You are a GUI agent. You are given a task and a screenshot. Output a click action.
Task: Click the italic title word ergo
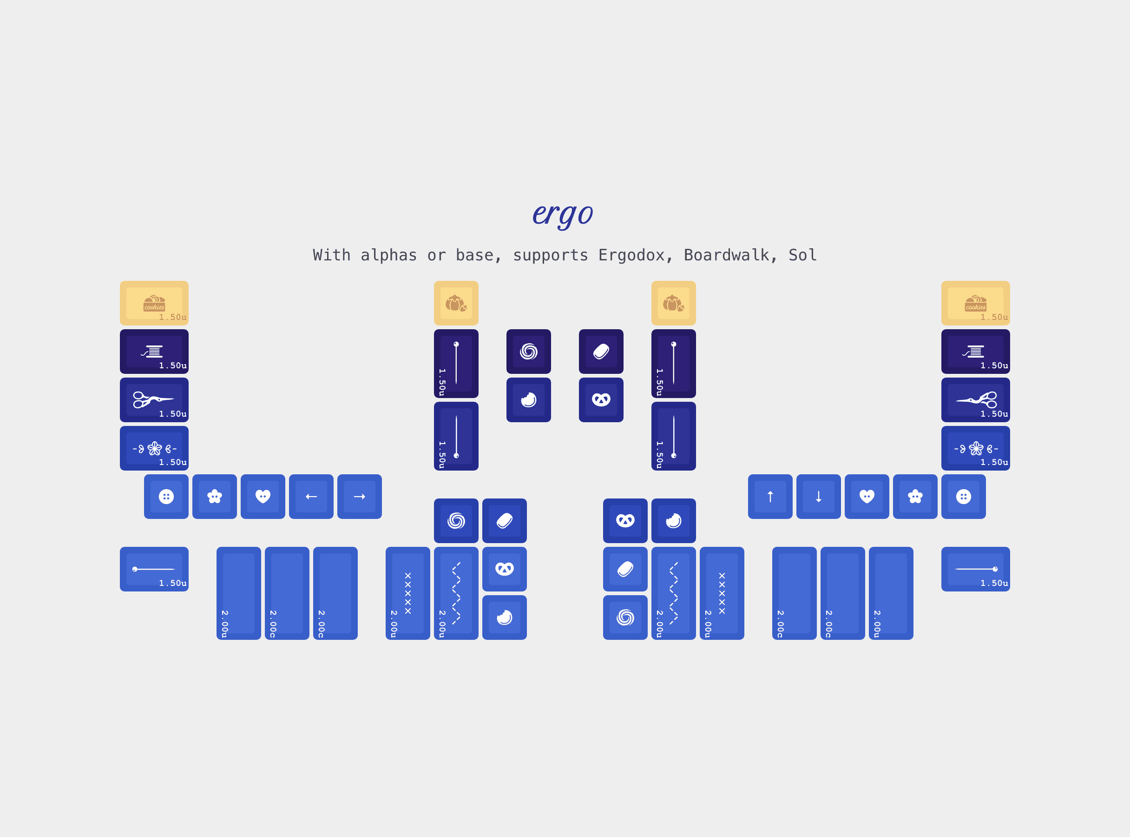coord(563,213)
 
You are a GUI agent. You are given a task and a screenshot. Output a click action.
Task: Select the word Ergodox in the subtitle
coord(631,255)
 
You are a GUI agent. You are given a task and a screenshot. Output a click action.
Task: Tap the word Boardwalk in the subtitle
coord(727,255)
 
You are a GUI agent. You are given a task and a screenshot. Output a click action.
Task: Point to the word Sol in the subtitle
coord(802,255)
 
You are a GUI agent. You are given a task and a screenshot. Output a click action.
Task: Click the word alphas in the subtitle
coord(388,255)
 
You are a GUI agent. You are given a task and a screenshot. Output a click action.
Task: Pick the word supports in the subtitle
coord(550,255)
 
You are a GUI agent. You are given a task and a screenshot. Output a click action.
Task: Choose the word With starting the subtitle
coord(332,255)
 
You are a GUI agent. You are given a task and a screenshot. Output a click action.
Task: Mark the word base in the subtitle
coord(474,255)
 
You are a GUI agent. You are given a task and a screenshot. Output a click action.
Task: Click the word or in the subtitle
coord(436,255)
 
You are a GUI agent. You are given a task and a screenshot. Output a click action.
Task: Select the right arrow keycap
coord(360,497)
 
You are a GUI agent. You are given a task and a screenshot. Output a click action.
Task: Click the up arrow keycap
coord(770,497)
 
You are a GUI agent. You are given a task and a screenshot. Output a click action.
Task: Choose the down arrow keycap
coord(818,497)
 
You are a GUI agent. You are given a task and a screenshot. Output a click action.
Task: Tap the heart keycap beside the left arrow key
coord(263,497)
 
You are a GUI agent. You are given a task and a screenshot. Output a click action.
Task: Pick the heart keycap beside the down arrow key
coord(867,497)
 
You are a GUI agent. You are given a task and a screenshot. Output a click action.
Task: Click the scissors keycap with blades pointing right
coord(154,400)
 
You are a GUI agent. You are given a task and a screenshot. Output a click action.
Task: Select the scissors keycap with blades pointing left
coord(975,400)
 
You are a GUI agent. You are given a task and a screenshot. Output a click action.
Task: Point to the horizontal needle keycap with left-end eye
coord(154,569)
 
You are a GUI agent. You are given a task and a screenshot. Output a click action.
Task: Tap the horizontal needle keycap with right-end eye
coord(975,569)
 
